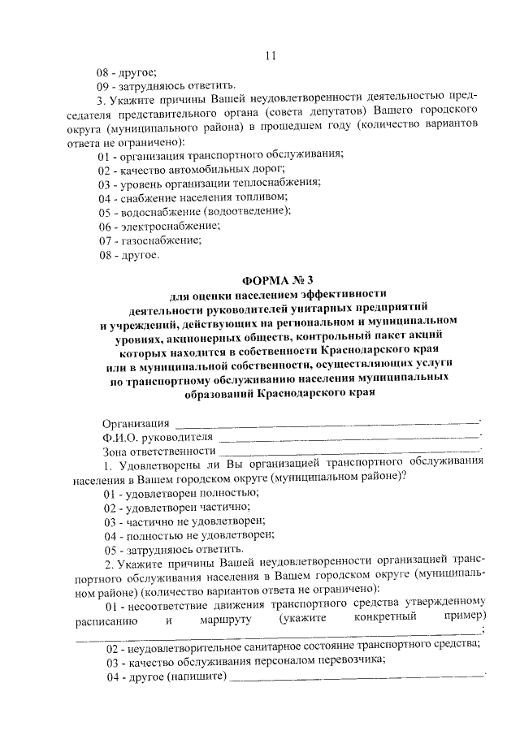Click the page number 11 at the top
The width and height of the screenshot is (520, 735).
click(x=271, y=56)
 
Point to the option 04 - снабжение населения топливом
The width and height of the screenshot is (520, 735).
click(x=193, y=197)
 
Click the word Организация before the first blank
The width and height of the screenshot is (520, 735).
click(x=136, y=423)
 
